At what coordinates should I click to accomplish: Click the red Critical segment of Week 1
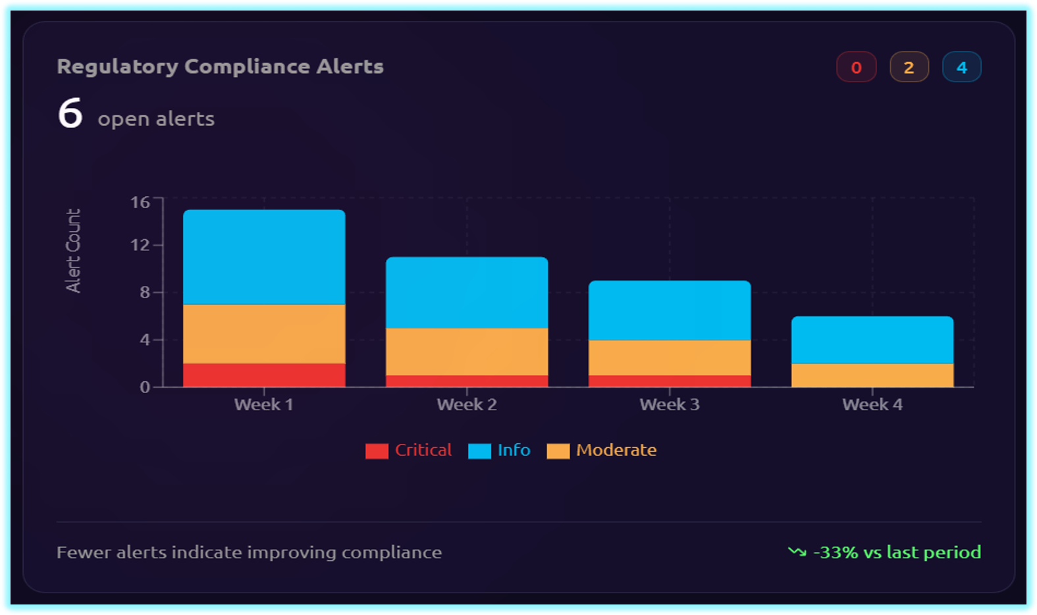click(x=264, y=375)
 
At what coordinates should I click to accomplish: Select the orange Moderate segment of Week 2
click(x=467, y=352)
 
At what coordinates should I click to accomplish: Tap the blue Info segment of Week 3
click(x=670, y=310)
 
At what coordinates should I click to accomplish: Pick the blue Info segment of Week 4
click(x=872, y=340)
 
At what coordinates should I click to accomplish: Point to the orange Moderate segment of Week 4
click(x=872, y=375)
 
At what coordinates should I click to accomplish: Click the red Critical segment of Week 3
click(x=670, y=381)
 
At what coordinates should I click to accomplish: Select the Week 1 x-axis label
click(x=263, y=404)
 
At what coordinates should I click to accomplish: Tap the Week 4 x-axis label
click(x=872, y=404)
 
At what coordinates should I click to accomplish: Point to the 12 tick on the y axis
click(x=140, y=245)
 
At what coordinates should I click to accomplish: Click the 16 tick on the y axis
click(x=140, y=202)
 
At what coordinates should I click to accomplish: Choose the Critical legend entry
click(x=409, y=450)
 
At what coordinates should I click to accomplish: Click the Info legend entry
click(x=499, y=450)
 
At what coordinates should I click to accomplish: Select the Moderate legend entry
click(x=602, y=450)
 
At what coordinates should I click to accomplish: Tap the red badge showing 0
click(x=856, y=67)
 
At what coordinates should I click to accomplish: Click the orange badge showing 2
click(x=909, y=67)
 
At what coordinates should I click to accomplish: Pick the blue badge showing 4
click(x=961, y=67)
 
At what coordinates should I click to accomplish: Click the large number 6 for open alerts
click(x=70, y=113)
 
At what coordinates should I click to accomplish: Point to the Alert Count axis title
click(x=73, y=250)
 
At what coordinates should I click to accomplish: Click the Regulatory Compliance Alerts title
click(x=220, y=67)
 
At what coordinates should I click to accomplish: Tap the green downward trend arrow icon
click(x=797, y=552)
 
